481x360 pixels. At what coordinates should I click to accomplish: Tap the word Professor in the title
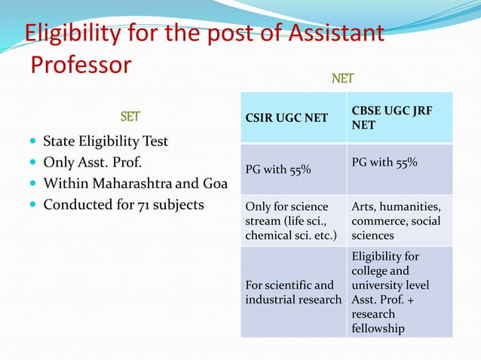81,65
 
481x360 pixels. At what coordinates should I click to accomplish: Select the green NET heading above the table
343,78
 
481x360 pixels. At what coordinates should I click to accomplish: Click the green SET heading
130,117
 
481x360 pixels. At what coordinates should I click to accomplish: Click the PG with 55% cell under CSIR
277,169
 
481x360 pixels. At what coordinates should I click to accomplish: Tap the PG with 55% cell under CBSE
384,163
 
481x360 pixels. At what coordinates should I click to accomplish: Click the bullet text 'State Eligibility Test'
106,142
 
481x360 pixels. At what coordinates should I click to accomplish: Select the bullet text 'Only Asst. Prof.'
93,162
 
